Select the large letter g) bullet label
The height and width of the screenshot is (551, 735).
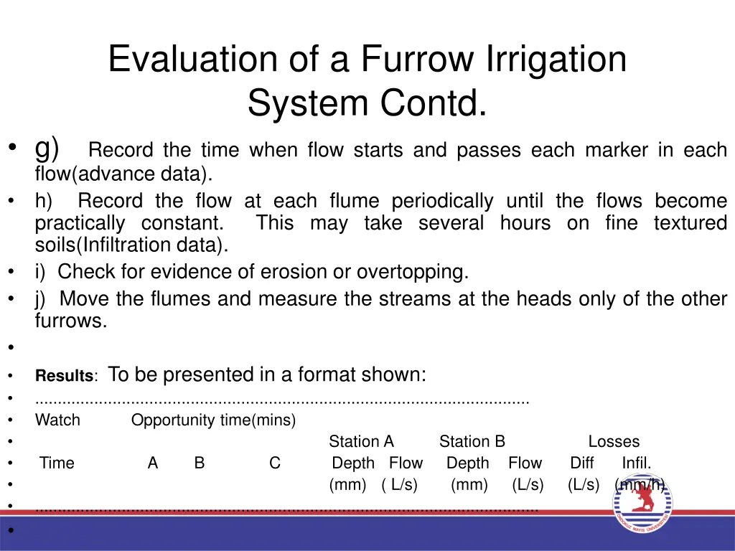click(47, 149)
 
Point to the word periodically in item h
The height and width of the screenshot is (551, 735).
click(442, 201)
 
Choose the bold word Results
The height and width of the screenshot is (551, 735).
click(65, 376)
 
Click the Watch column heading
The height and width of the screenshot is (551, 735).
click(57, 420)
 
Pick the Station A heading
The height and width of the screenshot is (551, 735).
click(361, 442)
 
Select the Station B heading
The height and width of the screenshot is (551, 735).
click(472, 442)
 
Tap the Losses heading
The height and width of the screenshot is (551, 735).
click(614, 442)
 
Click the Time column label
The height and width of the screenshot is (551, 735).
click(57, 463)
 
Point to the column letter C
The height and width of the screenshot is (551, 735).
click(275, 463)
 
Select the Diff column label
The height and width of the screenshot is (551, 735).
click(582, 463)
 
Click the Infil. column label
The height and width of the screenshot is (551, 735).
click(637, 463)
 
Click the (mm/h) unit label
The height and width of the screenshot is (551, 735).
click(640, 485)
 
